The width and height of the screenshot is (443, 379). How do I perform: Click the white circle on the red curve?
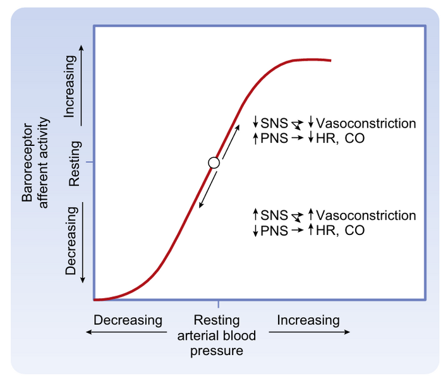tap(214, 162)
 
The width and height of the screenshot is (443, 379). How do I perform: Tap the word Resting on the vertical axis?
tap(75, 163)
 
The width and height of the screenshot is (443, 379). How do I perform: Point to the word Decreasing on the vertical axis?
tap(70, 240)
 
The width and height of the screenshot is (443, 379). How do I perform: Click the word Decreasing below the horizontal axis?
tap(128, 320)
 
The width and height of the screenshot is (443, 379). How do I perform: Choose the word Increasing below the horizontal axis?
tap(308, 320)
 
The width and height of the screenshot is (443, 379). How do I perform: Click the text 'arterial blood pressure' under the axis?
tap(217, 342)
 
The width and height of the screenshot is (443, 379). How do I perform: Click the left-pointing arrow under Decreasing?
tap(126, 333)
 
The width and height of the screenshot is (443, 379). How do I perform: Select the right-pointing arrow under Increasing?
tap(312, 333)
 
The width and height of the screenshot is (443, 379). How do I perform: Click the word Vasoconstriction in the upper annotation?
tap(366, 123)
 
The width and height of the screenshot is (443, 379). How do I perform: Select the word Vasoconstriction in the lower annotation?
tap(366, 216)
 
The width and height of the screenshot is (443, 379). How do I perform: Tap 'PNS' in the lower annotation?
tap(273, 231)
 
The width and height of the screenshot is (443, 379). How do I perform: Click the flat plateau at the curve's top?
tap(310, 60)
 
